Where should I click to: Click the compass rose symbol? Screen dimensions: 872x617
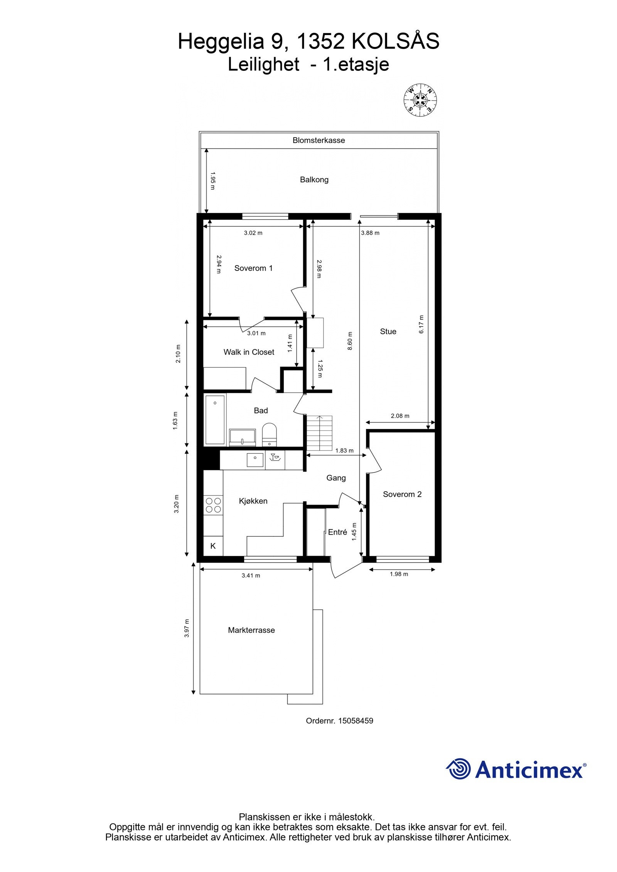[x=420, y=99]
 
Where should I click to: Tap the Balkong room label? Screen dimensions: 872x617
[x=314, y=180]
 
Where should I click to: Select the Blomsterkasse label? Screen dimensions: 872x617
[x=319, y=140]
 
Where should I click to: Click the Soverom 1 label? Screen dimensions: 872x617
[x=253, y=268]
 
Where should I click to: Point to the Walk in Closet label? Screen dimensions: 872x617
[x=249, y=352]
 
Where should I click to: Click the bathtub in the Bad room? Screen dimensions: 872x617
[x=215, y=420]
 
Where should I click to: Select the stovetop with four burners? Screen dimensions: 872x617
[x=213, y=505]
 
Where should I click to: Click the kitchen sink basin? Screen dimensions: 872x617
[x=255, y=460]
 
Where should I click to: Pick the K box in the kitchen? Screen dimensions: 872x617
[x=213, y=546]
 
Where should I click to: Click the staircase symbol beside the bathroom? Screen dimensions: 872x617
[x=319, y=433]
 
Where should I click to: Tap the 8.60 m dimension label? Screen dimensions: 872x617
[x=350, y=341]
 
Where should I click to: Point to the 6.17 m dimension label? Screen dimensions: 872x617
[x=421, y=324]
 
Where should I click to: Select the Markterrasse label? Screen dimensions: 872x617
[x=251, y=630]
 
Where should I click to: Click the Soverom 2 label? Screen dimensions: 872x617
[x=402, y=494]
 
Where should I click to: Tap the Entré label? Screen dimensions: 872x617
[x=337, y=532]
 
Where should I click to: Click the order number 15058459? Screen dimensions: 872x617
[x=356, y=721]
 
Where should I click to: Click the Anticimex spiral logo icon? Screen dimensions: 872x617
[x=459, y=769]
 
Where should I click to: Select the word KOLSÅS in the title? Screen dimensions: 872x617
[x=395, y=41]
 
